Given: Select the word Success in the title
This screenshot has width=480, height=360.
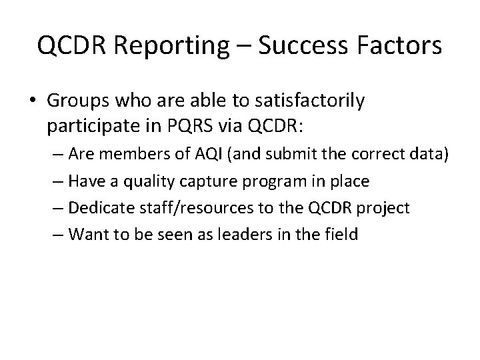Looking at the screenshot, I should point(295,46).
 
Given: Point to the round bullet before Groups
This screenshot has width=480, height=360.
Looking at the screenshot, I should point(33,102).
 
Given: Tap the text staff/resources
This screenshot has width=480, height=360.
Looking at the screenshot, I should point(183,207).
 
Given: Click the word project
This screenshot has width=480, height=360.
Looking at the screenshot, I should point(385,207).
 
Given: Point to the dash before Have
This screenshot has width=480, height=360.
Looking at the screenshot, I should point(58,181).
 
